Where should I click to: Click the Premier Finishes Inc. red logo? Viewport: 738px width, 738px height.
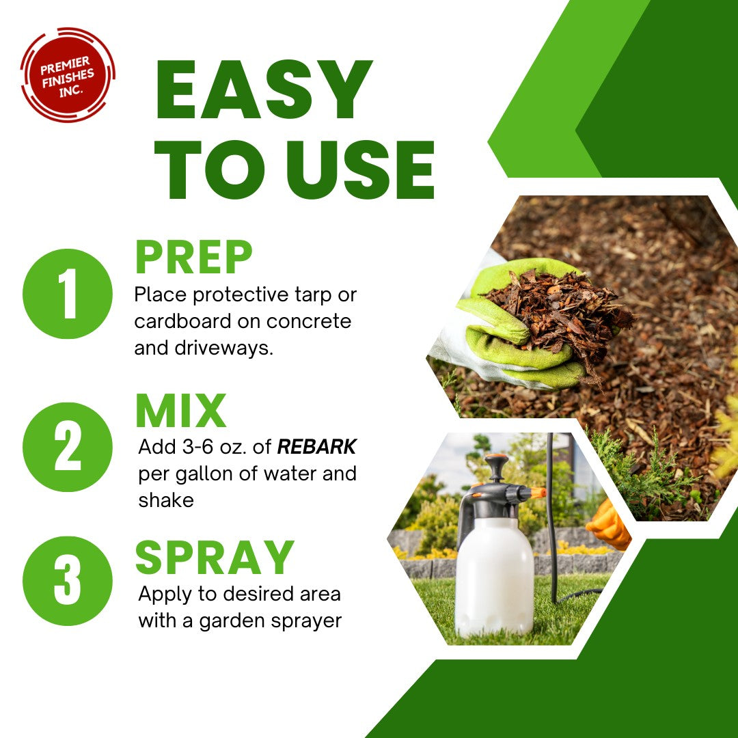[x=67, y=74]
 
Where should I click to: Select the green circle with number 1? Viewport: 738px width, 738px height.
[x=67, y=294]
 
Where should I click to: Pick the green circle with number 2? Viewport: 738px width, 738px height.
[x=67, y=447]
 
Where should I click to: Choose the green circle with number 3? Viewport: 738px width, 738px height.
[x=67, y=580]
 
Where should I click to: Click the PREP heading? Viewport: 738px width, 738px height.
[x=193, y=258]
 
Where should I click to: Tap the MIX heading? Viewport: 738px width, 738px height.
[x=180, y=411]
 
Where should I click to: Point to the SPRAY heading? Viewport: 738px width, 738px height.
[x=215, y=558]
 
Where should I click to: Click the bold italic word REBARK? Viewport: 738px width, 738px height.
[x=316, y=448]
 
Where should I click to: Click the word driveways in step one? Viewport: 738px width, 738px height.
[x=219, y=348]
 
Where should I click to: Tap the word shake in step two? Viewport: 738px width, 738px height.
[x=166, y=500]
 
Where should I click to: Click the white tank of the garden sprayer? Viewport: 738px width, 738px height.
[x=494, y=574]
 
